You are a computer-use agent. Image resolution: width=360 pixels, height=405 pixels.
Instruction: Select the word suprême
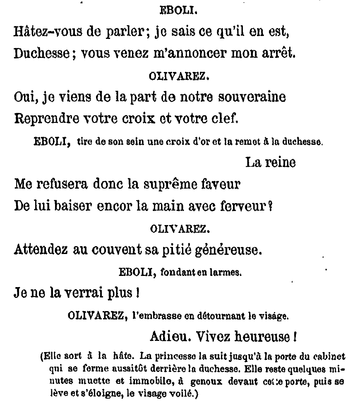tap(172, 184)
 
